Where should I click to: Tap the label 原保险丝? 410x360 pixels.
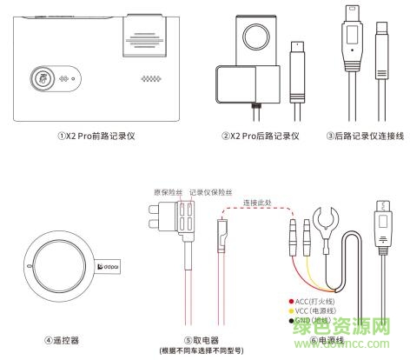(167, 190)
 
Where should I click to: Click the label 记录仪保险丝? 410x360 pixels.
(212, 190)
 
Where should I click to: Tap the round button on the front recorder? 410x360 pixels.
(40, 77)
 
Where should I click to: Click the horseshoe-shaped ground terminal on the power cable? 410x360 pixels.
(330, 217)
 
